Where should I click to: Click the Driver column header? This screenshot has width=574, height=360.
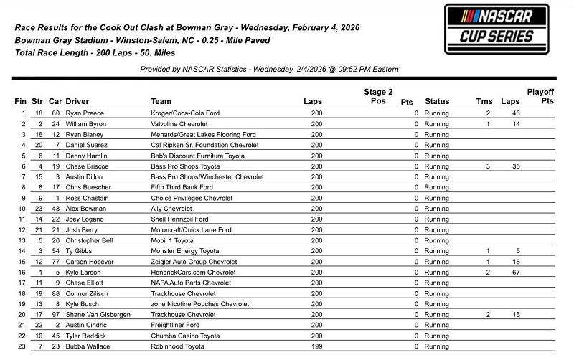tap(77, 101)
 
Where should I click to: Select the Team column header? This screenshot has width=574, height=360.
tap(161, 101)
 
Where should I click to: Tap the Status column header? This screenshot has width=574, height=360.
tap(437, 101)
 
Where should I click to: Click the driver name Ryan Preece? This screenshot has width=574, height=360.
tap(85, 113)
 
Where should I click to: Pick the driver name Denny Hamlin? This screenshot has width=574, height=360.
tap(87, 156)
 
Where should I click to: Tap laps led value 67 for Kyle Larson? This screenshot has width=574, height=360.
tap(514, 273)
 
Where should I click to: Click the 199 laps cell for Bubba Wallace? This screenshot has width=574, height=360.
tap(316, 346)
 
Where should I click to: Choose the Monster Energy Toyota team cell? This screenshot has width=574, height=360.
tap(185, 252)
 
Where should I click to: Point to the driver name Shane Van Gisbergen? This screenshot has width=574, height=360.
tap(98, 315)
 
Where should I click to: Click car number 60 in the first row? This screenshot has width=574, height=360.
tap(55, 113)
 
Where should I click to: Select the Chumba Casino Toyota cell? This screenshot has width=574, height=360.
tap(185, 336)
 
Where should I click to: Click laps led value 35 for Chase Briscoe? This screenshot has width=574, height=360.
tap(514, 166)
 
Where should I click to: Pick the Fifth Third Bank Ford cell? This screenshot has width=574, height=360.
tap(182, 187)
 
